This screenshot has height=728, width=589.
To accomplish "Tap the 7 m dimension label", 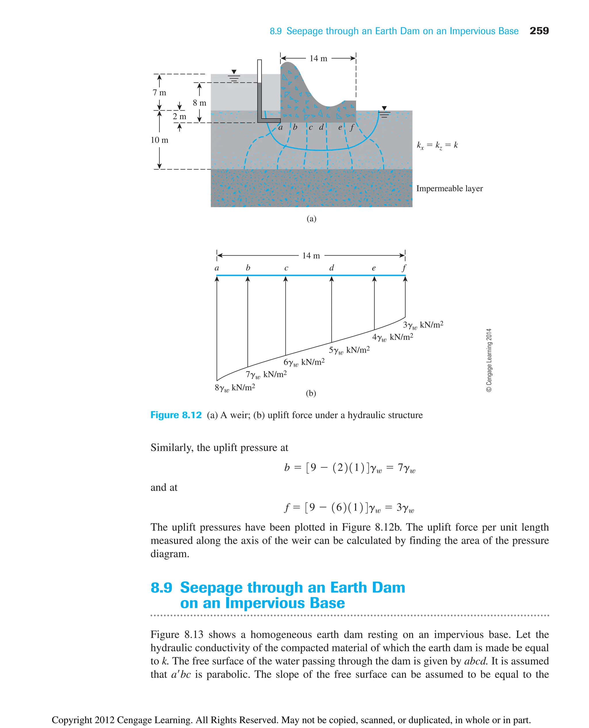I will pyautogui.click(x=159, y=93).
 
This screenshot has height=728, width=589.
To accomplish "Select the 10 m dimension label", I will pyautogui.click(x=159, y=140).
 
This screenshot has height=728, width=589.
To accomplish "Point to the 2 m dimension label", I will pyautogui.click(x=179, y=116).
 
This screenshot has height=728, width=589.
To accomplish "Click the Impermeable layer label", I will pyautogui.click(x=449, y=189).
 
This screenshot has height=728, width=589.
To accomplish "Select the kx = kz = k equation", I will pyautogui.click(x=437, y=145).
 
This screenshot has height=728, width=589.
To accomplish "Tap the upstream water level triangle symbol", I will pyautogui.click(x=234, y=72).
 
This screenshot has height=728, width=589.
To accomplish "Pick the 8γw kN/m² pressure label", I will pyautogui.click(x=235, y=387).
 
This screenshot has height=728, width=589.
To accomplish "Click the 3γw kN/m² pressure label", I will pyautogui.click(x=423, y=325).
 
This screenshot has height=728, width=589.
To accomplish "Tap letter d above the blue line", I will pyautogui.click(x=332, y=268).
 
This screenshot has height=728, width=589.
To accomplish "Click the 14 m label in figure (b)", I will pyautogui.click(x=311, y=256).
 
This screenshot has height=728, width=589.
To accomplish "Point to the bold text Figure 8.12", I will pyautogui.click(x=176, y=415).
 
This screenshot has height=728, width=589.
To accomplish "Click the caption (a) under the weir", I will pyautogui.click(x=311, y=219).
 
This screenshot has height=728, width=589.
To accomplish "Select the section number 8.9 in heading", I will pyautogui.click(x=161, y=588).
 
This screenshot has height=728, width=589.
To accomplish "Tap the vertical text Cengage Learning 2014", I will pyautogui.click(x=489, y=360).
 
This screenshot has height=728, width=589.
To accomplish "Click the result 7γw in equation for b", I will pyautogui.click(x=406, y=468).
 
